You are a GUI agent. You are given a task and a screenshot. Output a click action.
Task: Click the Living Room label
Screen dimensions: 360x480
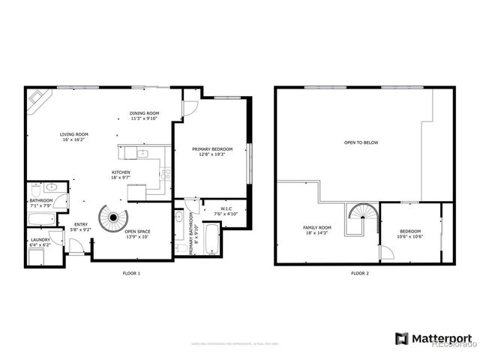(73, 136)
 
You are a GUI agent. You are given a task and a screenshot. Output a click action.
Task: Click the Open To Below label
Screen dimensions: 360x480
(361, 142)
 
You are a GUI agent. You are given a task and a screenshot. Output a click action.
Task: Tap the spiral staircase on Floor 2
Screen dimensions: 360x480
(359, 220)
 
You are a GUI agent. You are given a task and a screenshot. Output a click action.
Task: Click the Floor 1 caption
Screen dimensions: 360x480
(131, 273)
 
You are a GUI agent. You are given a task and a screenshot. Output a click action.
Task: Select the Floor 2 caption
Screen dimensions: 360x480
(360, 273)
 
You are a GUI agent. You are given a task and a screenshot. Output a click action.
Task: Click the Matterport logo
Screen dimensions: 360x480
(433, 338)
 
